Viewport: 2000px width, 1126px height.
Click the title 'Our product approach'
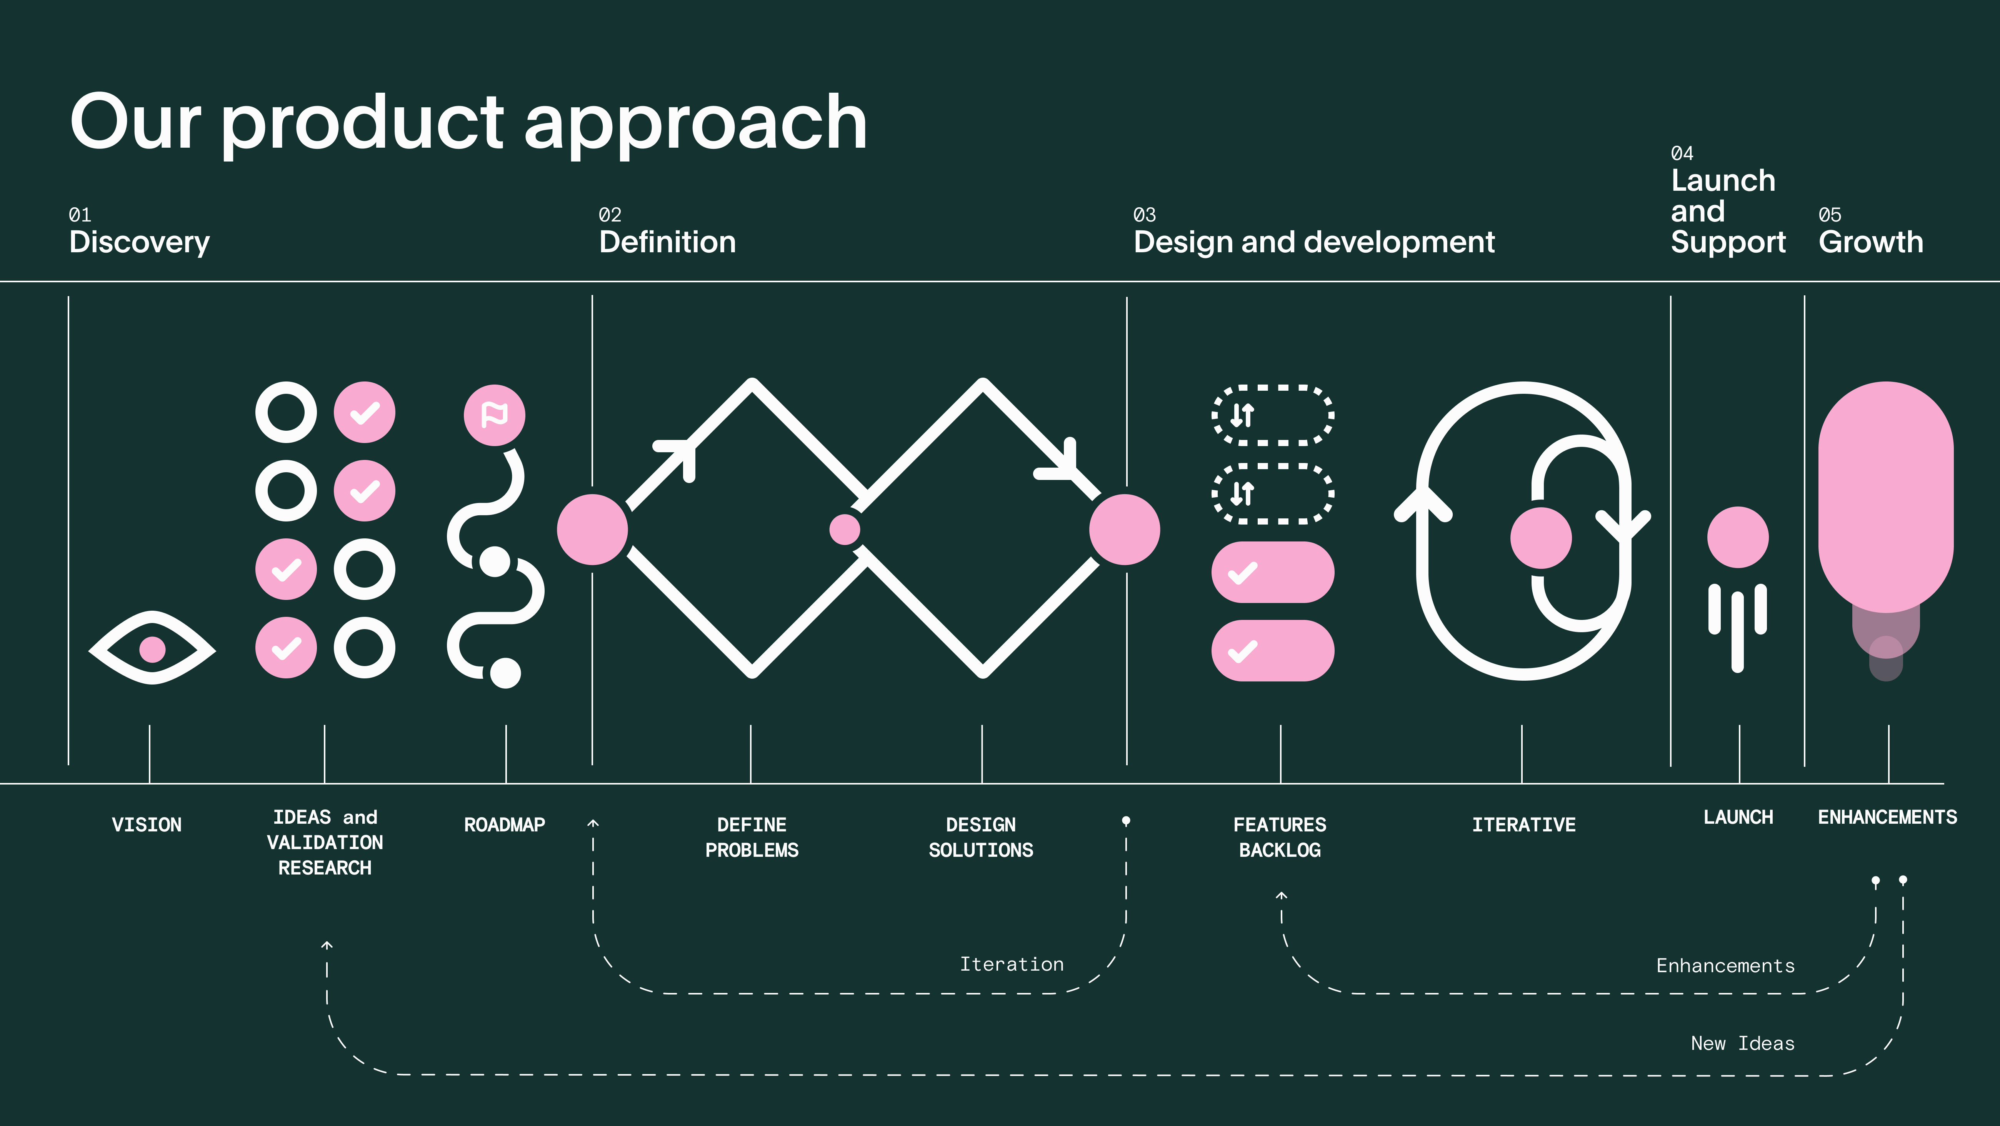point(468,123)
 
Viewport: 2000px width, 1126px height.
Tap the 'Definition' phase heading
point(667,242)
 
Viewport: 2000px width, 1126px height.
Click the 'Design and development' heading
point(1314,242)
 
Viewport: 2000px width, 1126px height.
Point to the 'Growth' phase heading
point(1870,242)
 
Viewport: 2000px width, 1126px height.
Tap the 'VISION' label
point(147,825)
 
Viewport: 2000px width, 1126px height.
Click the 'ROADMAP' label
point(505,825)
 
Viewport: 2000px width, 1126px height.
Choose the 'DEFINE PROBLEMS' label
point(752,837)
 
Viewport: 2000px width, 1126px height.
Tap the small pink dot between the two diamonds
point(845,530)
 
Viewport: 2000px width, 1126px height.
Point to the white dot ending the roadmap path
point(505,673)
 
